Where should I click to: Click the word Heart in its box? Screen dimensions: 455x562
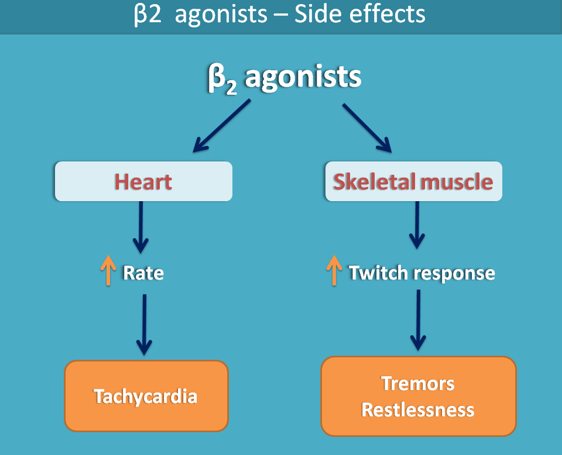pos(143,182)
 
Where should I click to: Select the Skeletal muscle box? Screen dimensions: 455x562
pos(413,182)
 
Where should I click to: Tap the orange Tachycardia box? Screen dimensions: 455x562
pos(146,397)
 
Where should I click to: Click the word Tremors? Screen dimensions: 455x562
pos(418,384)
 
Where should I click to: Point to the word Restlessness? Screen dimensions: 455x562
pos(418,409)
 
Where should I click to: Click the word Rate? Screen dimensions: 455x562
pos(143,273)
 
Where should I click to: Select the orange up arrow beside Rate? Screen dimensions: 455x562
pos(108,271)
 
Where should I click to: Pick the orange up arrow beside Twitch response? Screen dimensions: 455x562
pos(334,270)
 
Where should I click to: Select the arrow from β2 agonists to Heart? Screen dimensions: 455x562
pos(221,126)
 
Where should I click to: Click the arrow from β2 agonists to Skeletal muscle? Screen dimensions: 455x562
pos(367,127)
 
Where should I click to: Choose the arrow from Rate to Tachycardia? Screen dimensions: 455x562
pos(144,325)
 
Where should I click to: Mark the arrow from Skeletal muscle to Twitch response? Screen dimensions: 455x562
pos(417,225)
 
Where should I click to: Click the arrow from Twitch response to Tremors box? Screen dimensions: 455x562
pos(418,319)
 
